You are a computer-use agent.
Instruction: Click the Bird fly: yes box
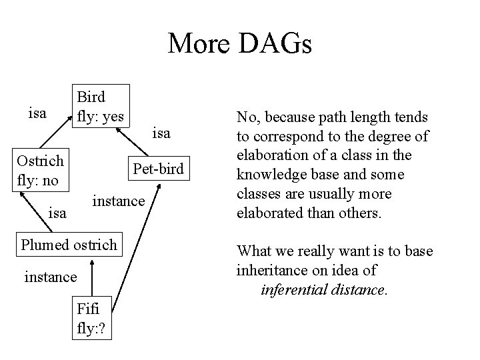[101, 106]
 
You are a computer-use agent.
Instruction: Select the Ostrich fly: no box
[41, 171]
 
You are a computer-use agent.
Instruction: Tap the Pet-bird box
[158, 169]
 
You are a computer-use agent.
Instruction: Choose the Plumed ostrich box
[69, 245]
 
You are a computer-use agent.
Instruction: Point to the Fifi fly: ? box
[94, 318]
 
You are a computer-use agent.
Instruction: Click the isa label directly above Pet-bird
[161, 133]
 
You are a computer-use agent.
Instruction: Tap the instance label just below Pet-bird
[117, 199]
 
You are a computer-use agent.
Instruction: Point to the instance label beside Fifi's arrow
[51, 275]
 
